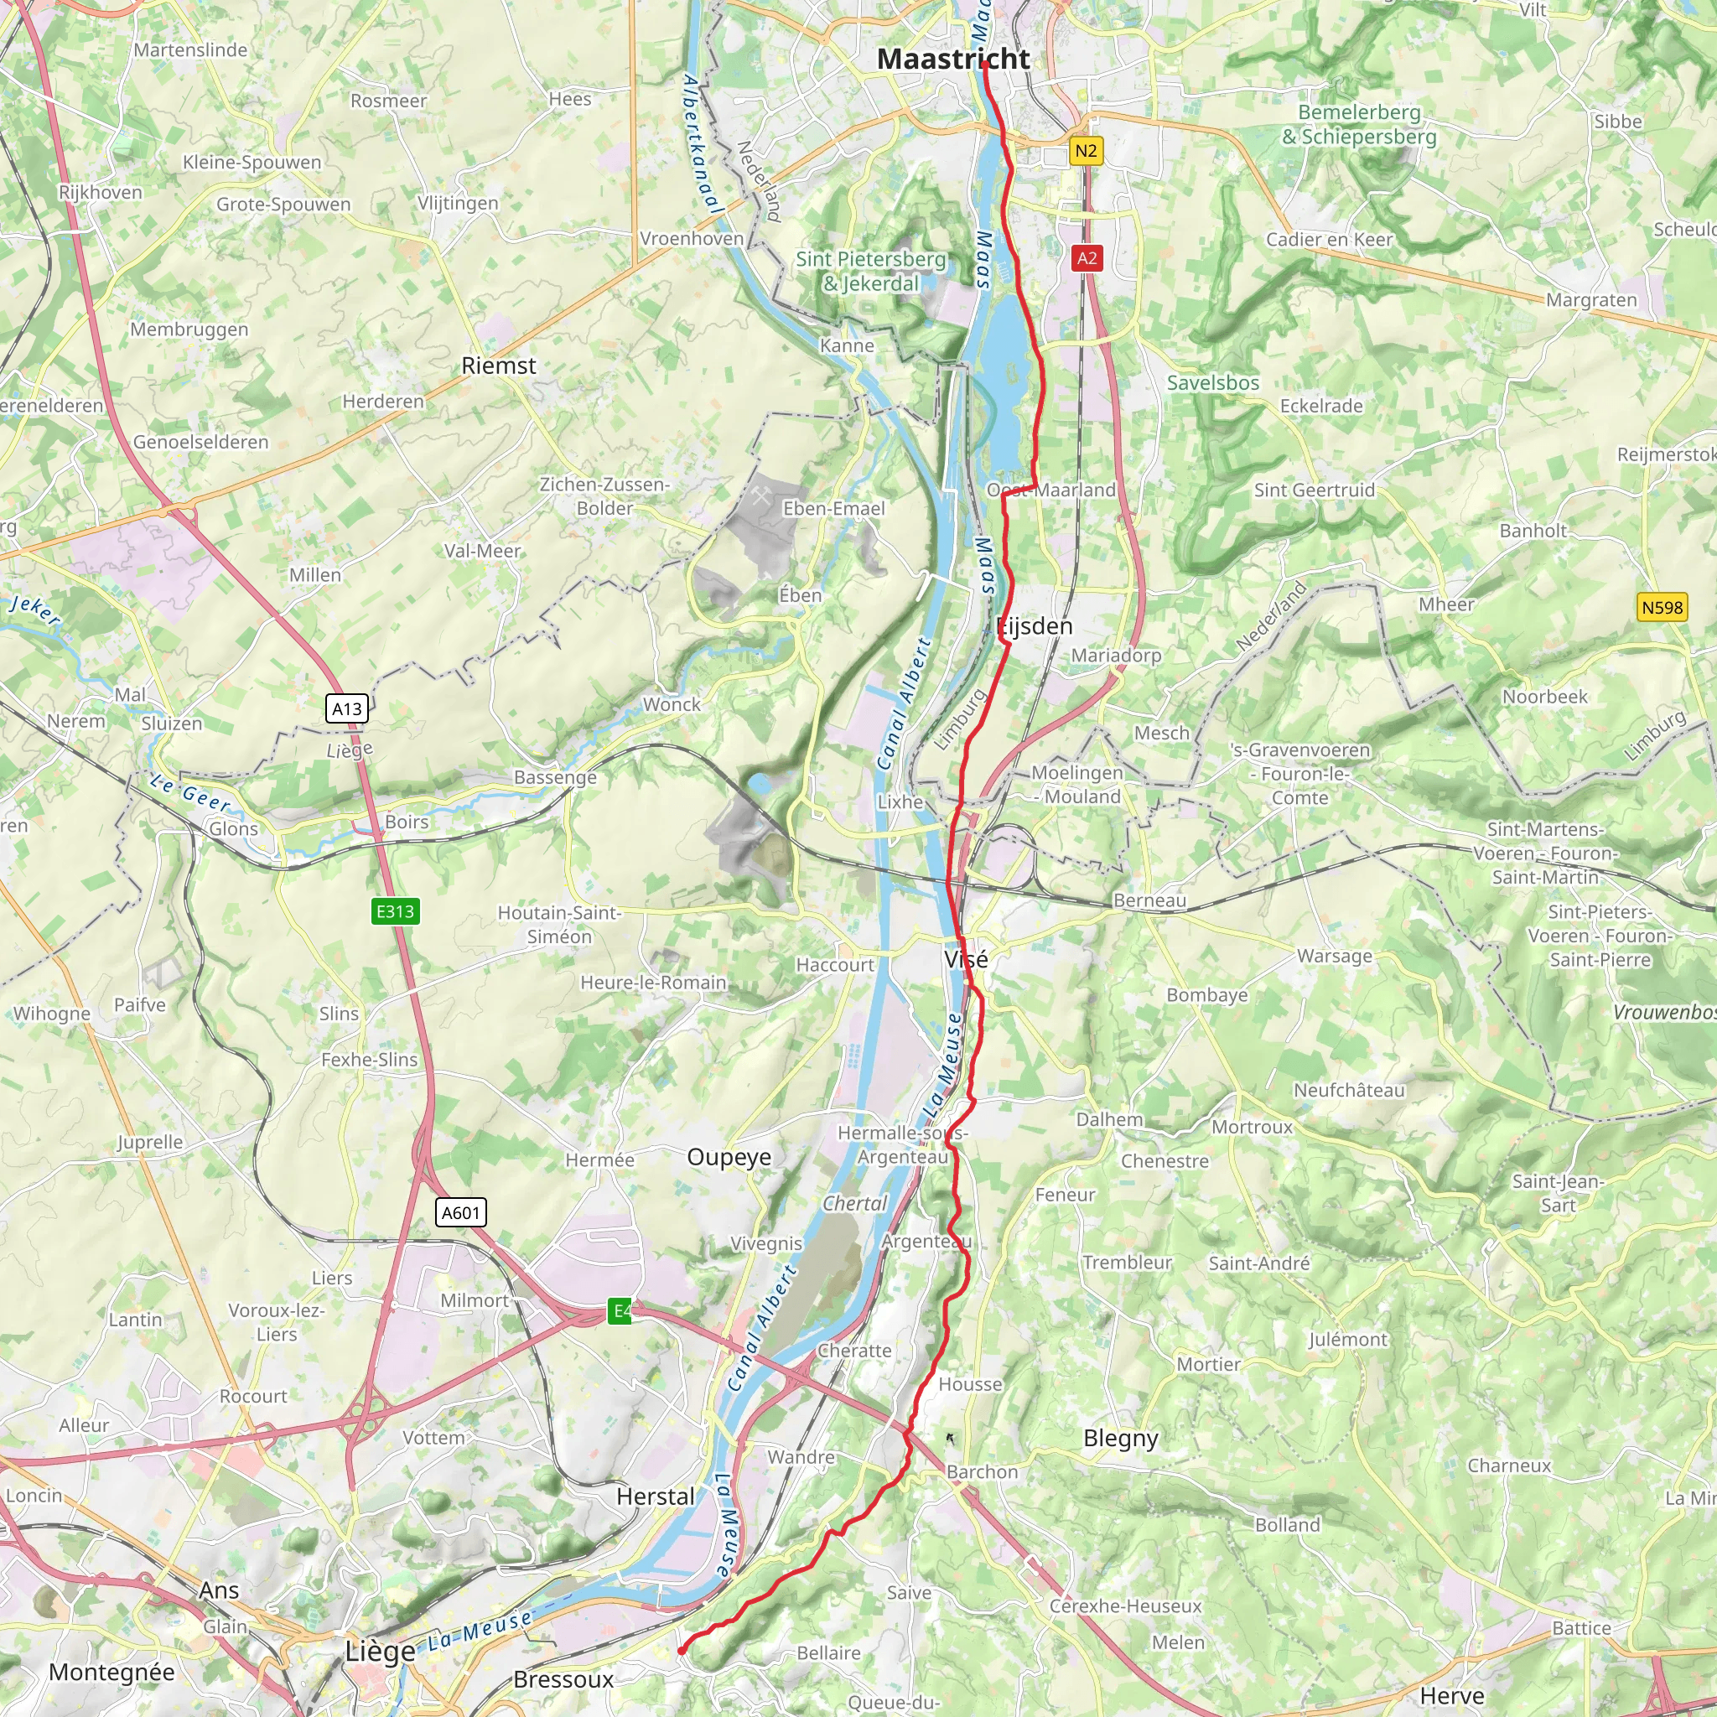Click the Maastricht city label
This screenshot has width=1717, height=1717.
[x=952, y=59]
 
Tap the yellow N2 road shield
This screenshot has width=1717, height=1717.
[x=1085, y=150]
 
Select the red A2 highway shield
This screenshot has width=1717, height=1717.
[x=1086, y=258]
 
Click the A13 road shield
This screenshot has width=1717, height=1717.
[x=346, y=708]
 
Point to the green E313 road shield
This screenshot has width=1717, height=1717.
[x=395, y=911]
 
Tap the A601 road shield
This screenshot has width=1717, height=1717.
[x=461, y=1212]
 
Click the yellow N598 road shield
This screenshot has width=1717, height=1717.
[x=1661, y=608]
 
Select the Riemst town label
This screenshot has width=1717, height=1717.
[x=499, y=366]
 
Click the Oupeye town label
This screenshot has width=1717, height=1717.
[x=729, y=1156]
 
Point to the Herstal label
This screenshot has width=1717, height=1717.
[x=655, y=1497]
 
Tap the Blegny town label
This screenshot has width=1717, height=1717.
[x=1120, y=1438]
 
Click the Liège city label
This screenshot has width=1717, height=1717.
[x=380, y=1652]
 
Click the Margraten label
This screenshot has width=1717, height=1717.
[x=1590, y=299]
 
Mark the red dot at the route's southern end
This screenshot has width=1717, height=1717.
[x=681, y=1652]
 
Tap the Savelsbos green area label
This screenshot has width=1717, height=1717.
[x=1212, y=383]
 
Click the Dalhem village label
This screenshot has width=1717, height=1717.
[x=1108, y=1119]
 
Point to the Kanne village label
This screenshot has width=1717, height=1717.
[x=846, y=345]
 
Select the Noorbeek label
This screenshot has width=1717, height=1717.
[x=1544, y=697]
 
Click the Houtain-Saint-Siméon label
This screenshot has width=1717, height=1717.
[x=558, y=924]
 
